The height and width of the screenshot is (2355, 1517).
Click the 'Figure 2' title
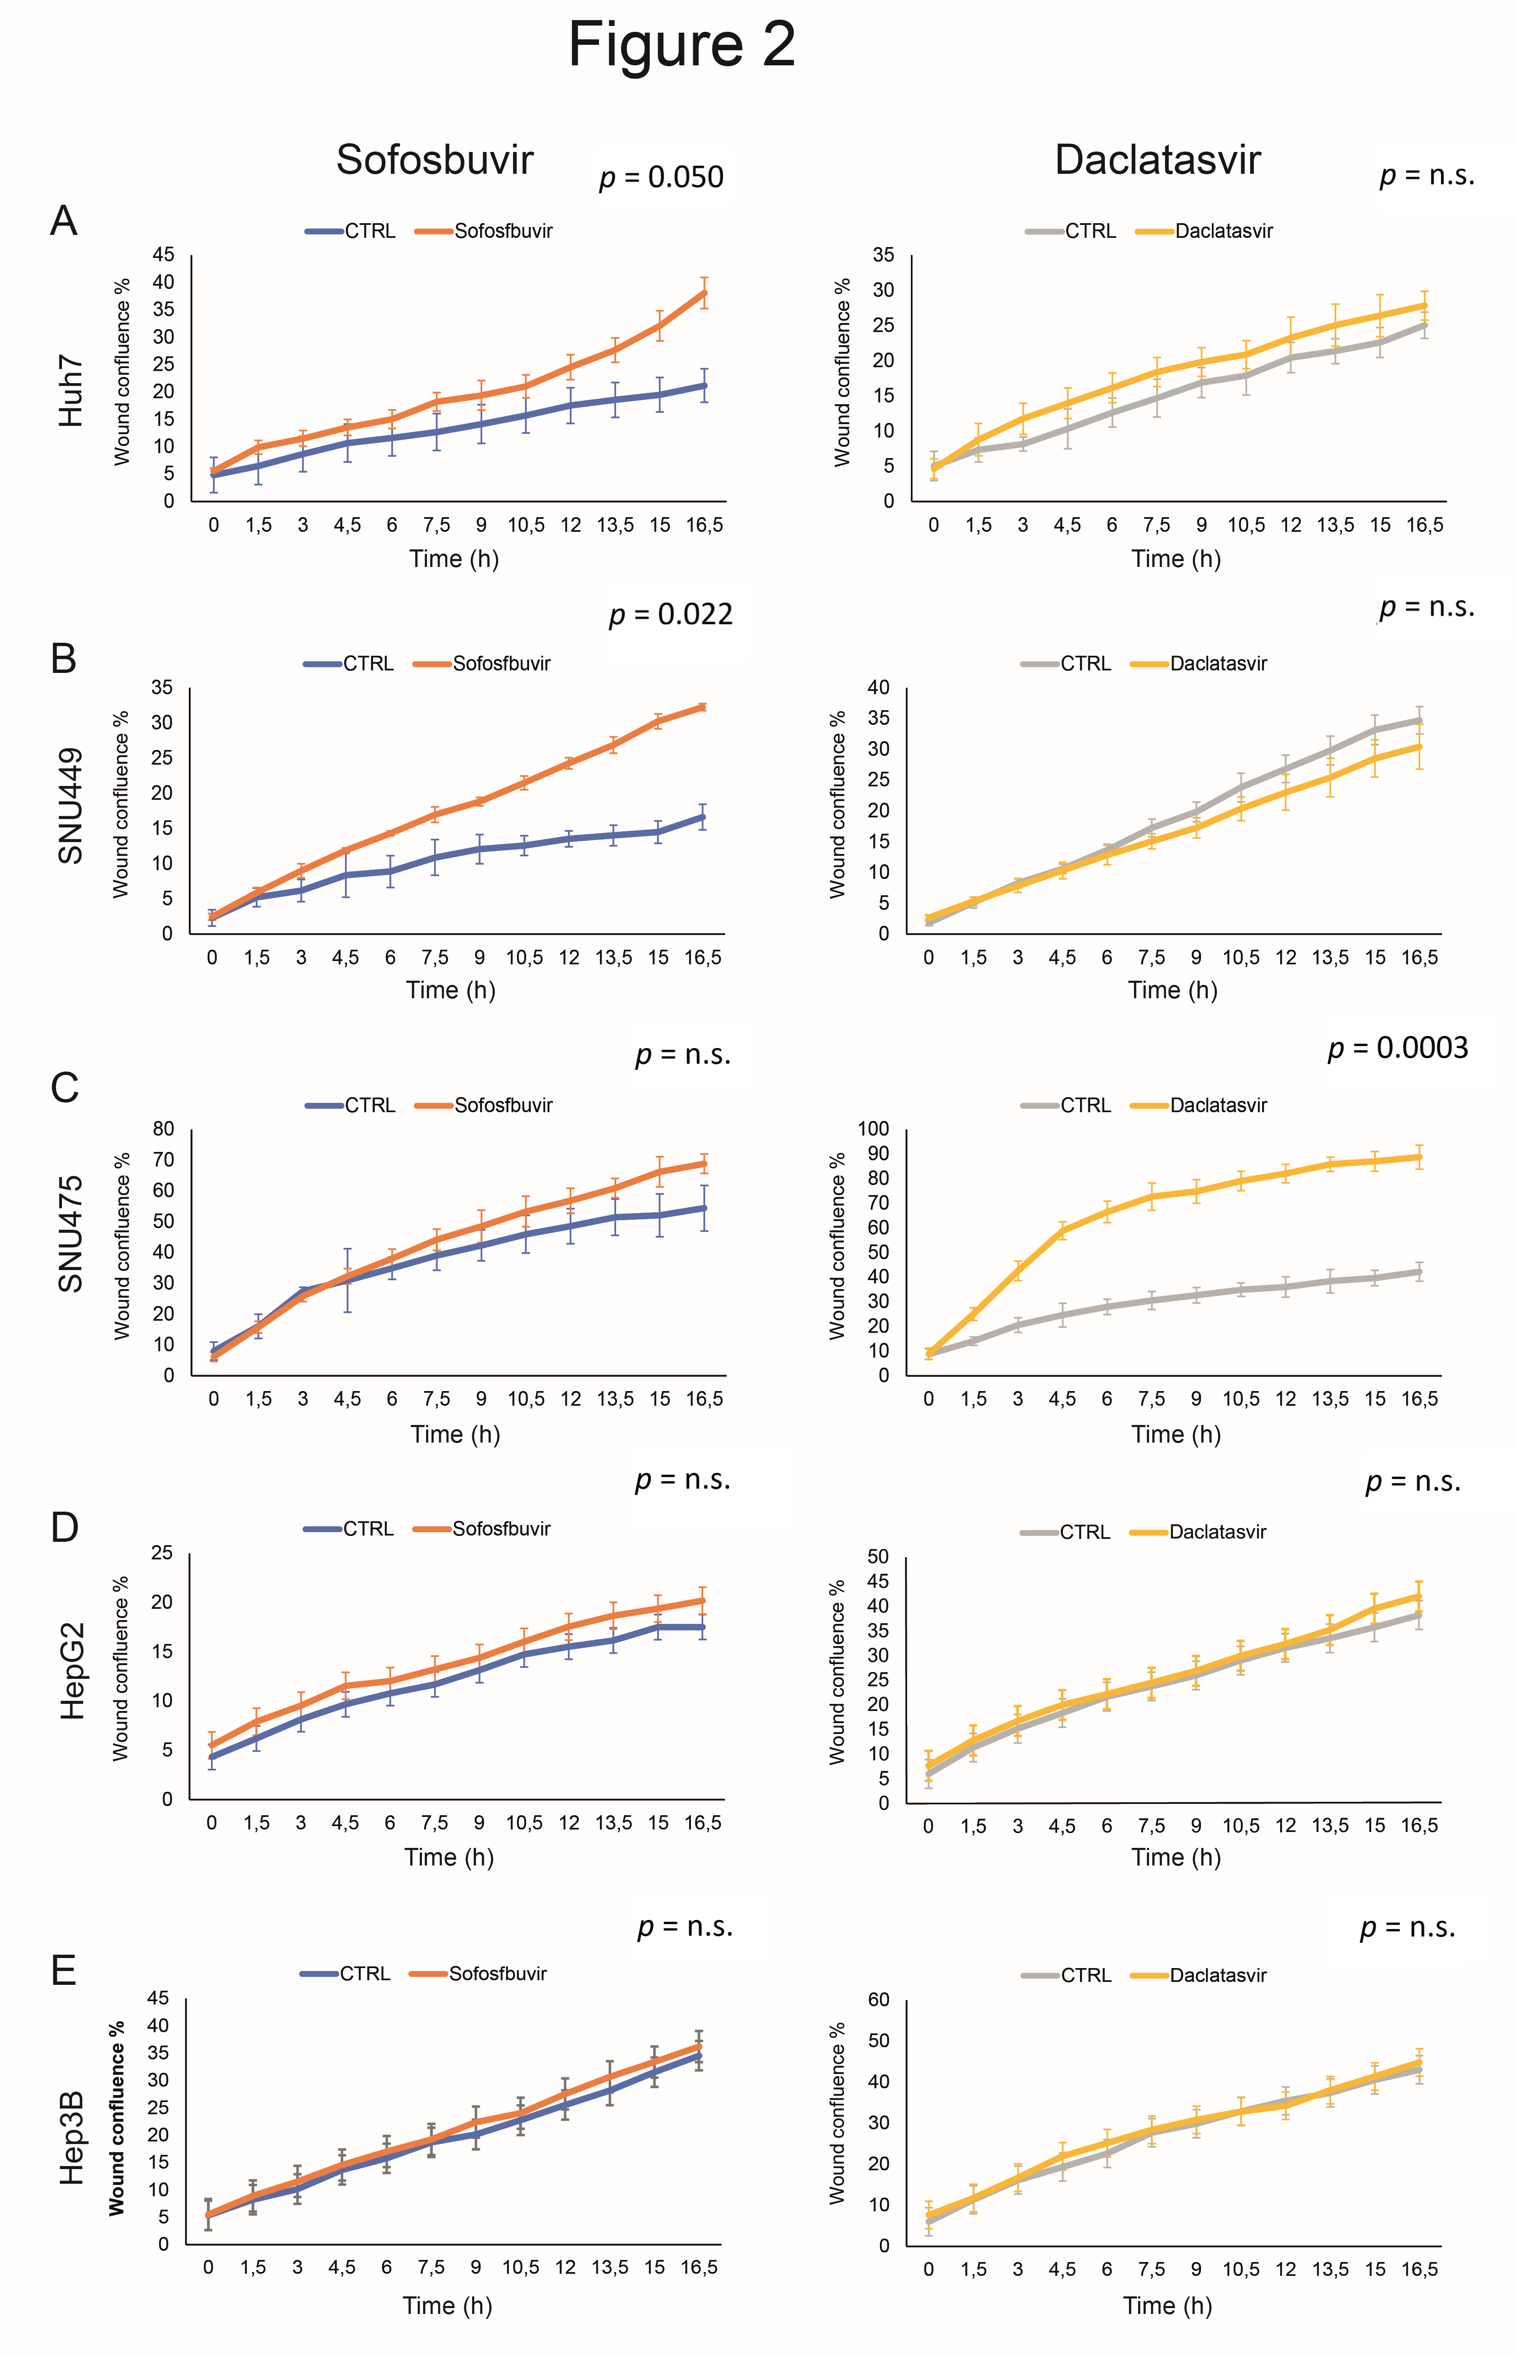(681, 45)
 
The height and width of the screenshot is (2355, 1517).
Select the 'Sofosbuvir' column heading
(435, 160)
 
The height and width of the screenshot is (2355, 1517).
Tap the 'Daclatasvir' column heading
(1157, 160)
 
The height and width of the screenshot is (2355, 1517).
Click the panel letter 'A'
(64, 221)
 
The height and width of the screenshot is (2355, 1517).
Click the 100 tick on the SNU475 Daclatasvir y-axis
(874, 1129)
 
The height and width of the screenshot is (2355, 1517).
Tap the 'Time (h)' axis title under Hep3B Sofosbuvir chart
(447, 2305)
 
